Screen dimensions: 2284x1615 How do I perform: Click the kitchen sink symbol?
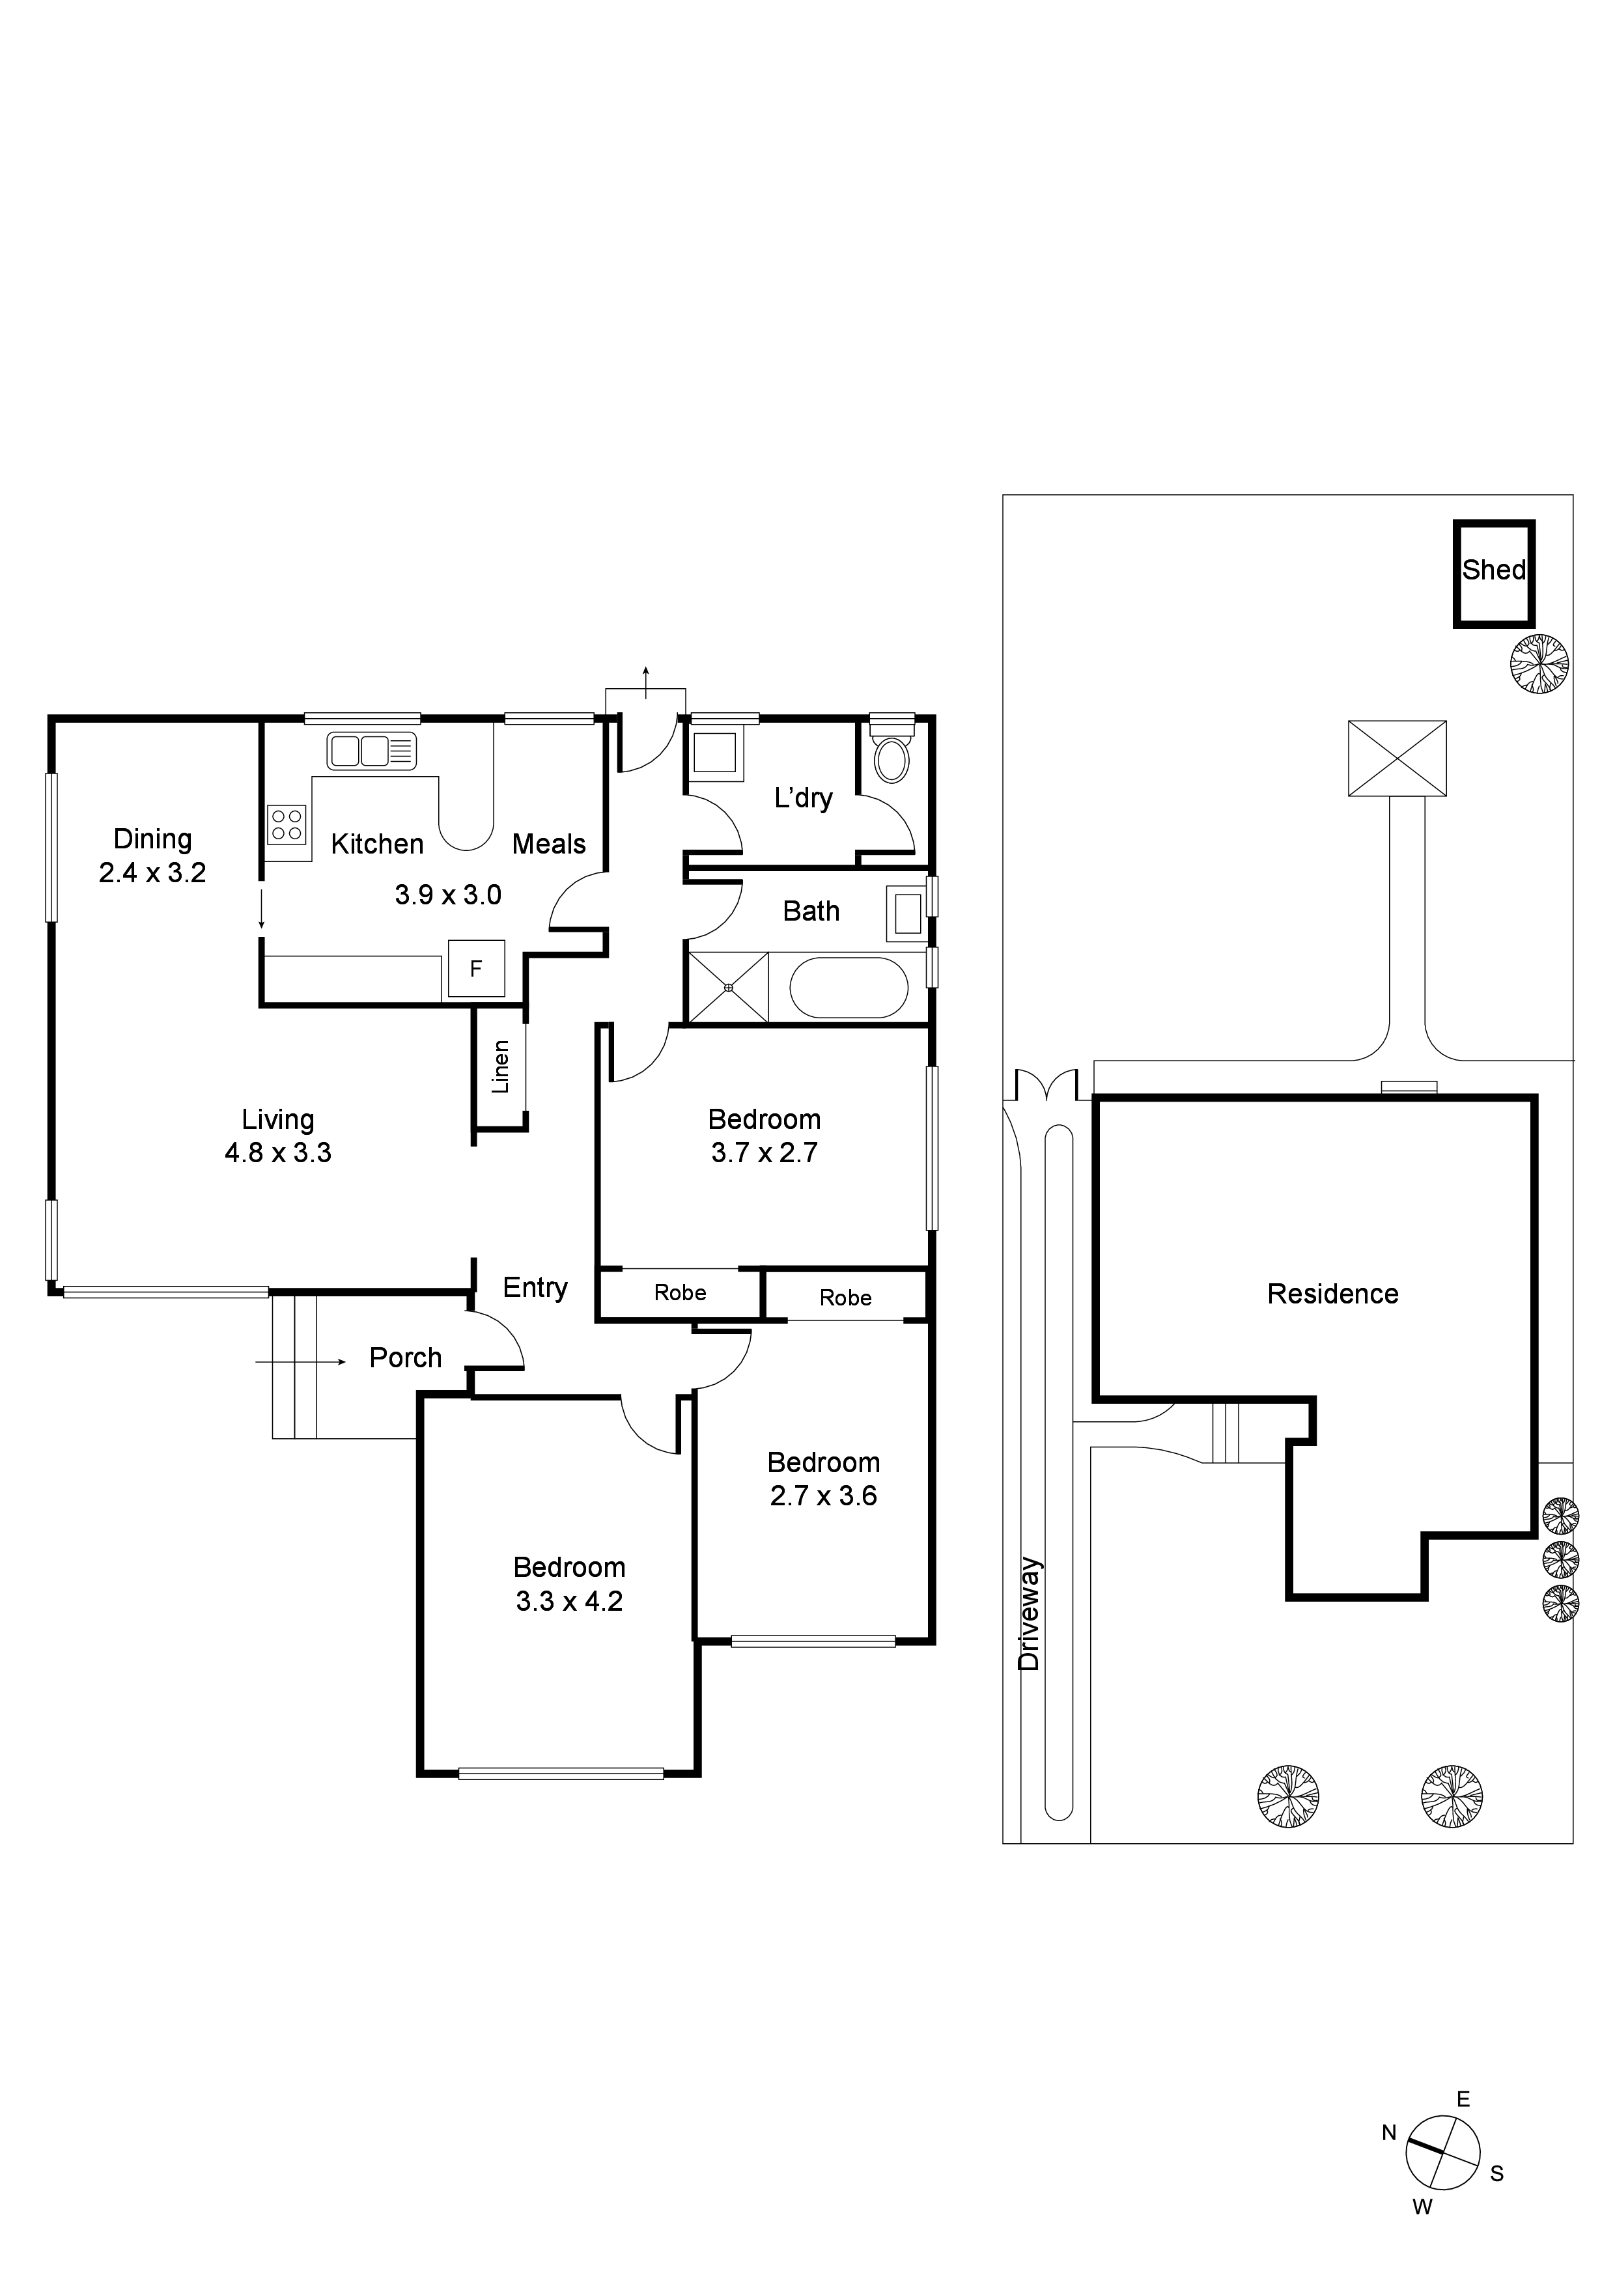pos(372,751)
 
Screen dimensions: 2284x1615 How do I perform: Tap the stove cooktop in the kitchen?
pos(287,825)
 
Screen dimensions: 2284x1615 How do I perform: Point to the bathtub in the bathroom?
pos(849,987)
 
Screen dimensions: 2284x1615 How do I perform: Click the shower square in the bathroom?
pos(729,987)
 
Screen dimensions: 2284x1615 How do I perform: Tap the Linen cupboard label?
pos(501,1066)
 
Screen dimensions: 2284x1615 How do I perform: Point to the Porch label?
pos(405,1358)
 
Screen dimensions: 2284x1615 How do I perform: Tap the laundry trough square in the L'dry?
pos(714,752)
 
